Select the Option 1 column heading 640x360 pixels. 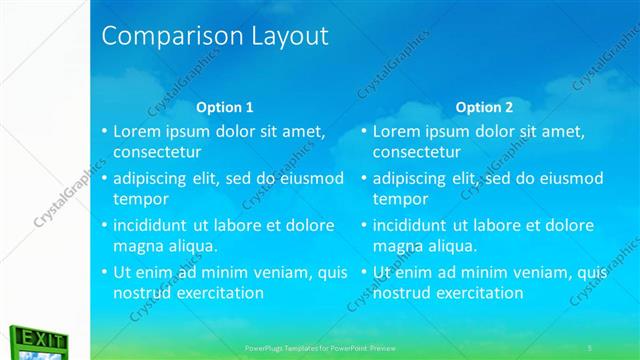click(x=224, y=107)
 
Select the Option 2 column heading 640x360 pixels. click(x=484, y=107)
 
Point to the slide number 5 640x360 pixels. click(x=590, y=346)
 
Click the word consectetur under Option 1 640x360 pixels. click(x=157, y=152)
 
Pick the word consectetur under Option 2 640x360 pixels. click(x=417, y=152)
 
